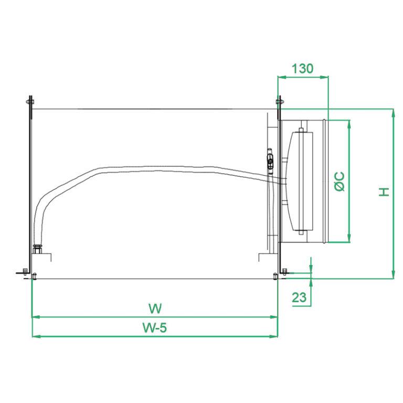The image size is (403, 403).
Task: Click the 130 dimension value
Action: click(x=302, y=69)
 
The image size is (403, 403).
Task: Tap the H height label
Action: click(x=385, y=192)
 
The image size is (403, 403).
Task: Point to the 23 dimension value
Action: click(x=299, y=297)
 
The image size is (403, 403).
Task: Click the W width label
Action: click(x=154, y=307)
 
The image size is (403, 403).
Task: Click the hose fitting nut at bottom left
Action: click(x=37, y=249)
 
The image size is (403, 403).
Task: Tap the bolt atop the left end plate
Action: click(x=29, y=101)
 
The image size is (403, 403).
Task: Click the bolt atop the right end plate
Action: click(x=280, y=101)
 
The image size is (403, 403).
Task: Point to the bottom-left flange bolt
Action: click(x=25, y=272)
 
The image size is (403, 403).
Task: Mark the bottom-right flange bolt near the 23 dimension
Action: click(x=284, y=271)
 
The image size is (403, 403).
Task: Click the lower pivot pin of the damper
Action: click(x=302, y=231)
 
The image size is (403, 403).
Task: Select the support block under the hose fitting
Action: click(x=44, y=257)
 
